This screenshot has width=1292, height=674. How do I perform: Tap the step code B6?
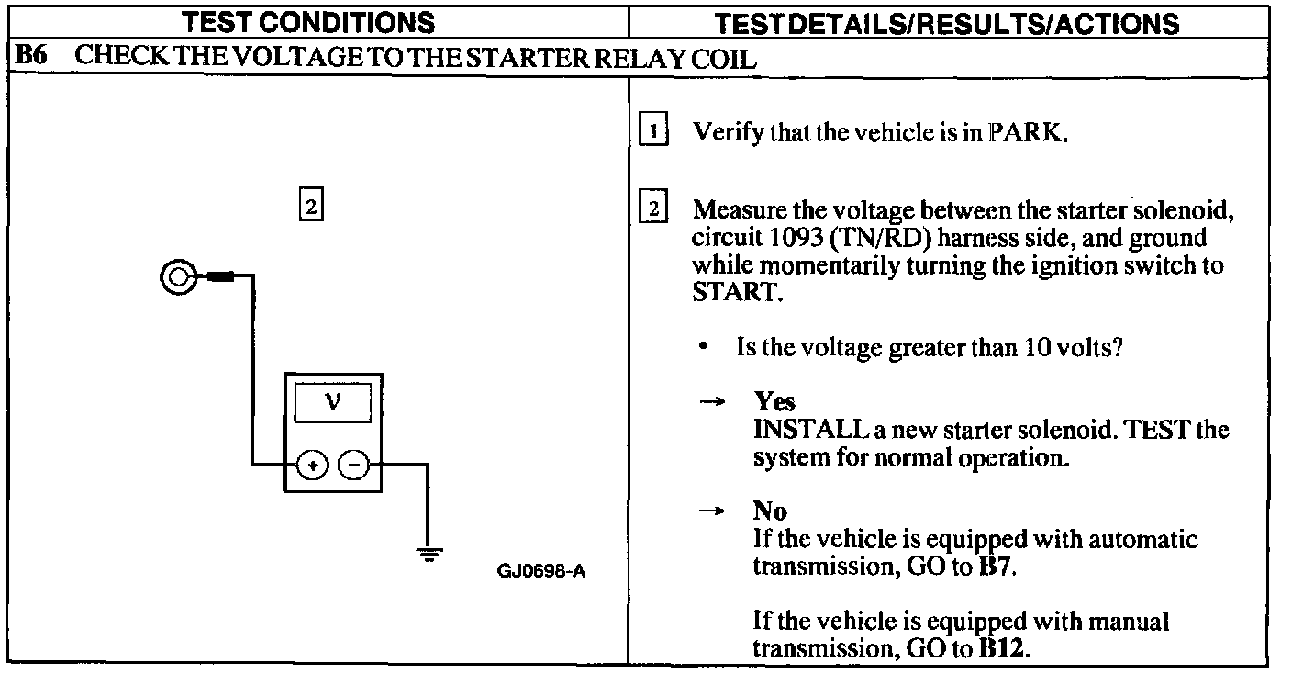pyautogui.click(x=32, y=58)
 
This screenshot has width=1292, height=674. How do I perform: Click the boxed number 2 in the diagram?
pyautogui.click(x=310, y=207)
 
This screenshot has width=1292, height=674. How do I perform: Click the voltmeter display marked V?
pyautogui.click(x=332, y=404)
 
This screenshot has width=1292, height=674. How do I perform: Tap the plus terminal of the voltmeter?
pyautogui.click(x=313, y=466)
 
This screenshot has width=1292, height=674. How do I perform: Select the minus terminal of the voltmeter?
pyautogui.click(x=353, y=466)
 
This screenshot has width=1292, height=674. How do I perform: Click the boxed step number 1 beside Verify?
pyautogui.click(x=652, y=132)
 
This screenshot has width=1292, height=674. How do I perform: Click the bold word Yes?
pyautogui.click(x=774, y=401)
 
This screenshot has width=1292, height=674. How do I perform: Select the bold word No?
pyautogui.click(x=770, y=511)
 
